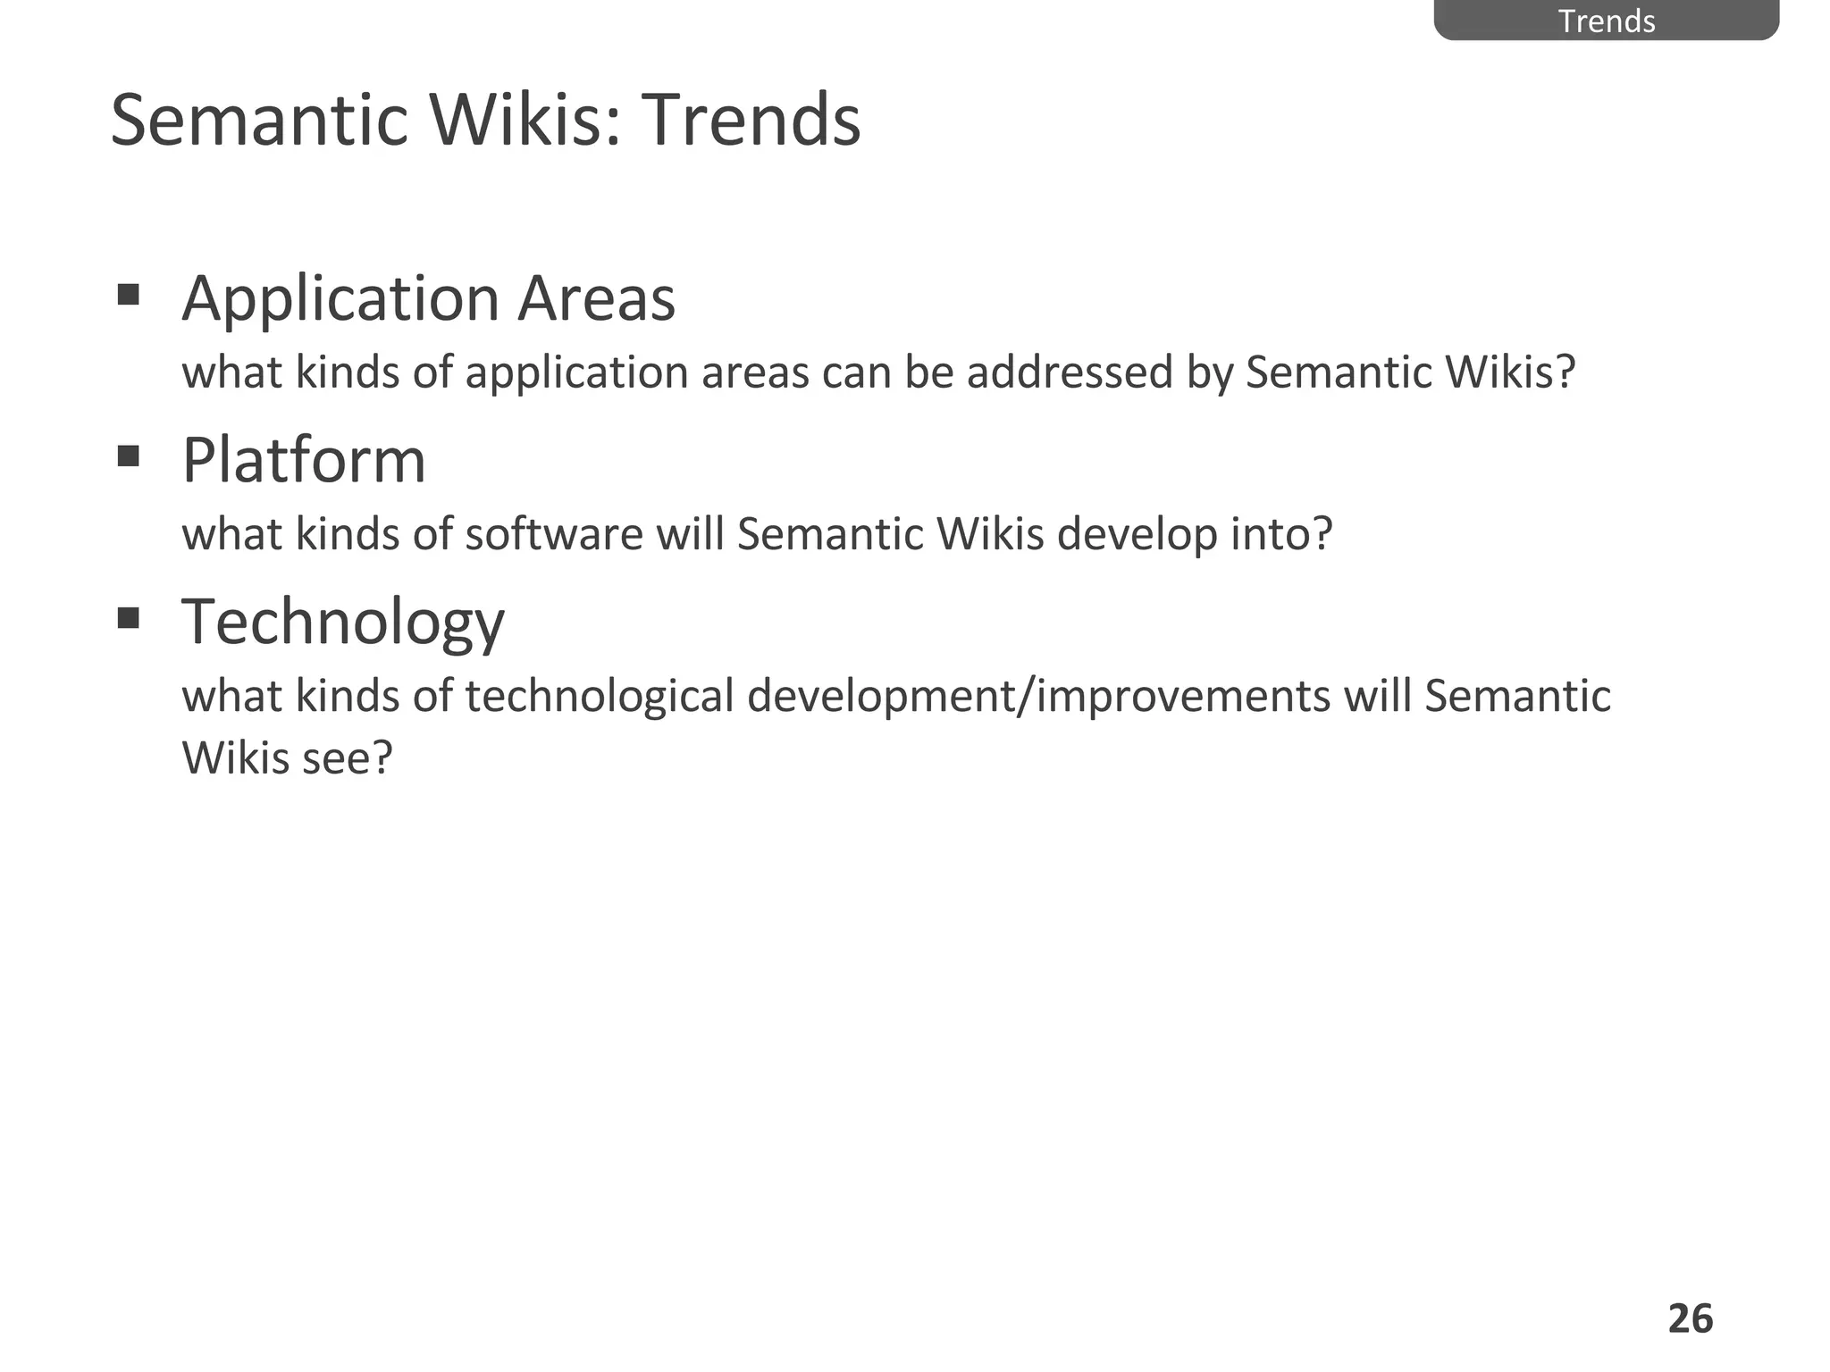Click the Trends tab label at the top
(1606, 21)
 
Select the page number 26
(1690, 1318)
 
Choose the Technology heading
(342, 623)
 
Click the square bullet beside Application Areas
(129, 295)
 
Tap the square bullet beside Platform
(129, 457)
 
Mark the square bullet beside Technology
(129, 618)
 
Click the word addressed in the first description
(1069, 372)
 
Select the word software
(554, 534)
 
